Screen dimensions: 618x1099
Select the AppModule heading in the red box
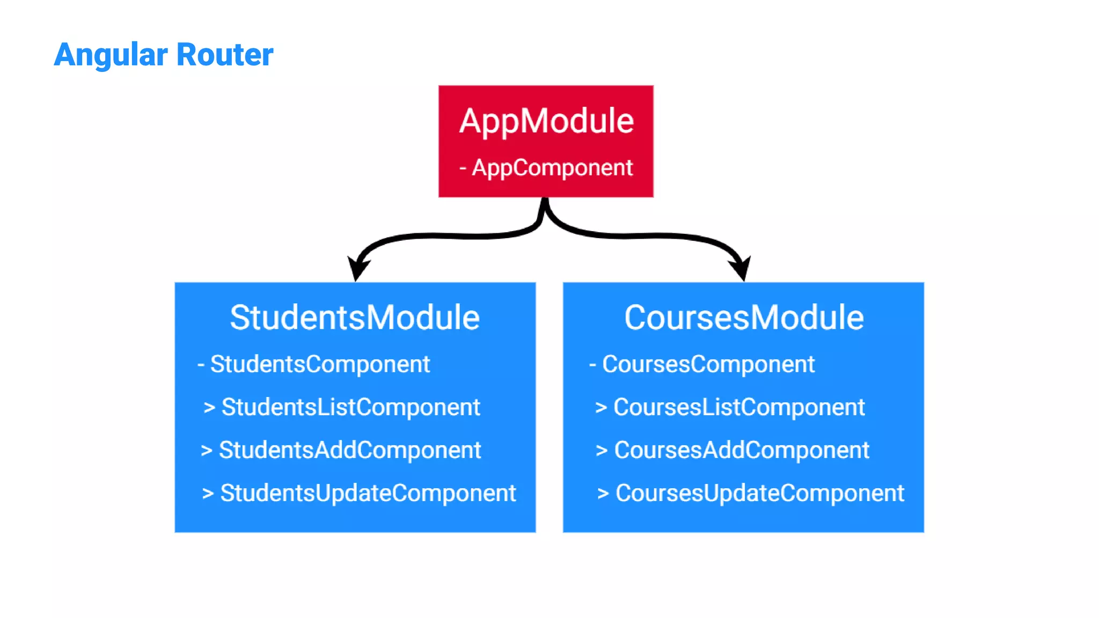(x=546, y=121)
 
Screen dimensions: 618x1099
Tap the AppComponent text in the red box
(x=552, y=168)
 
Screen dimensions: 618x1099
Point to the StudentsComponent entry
(x=320, y=364)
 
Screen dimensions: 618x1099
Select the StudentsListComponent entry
(x=350, y=407)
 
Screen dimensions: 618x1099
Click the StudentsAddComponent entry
(x=350, y=450)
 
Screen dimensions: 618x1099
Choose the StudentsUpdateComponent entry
(x=368, y=493)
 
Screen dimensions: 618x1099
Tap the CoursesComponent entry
(x=708, y=364)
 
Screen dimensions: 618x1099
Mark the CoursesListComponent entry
(x=739, y=407)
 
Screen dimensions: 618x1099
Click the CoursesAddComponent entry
(x=741, y=450)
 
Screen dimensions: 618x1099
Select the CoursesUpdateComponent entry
(x=759, y=493)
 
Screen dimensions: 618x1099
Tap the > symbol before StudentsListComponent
(x=209, y=408)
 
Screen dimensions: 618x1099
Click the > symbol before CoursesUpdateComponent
(x=603, y=494)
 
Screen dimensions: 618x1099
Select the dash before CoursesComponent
(x=592, y=365)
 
